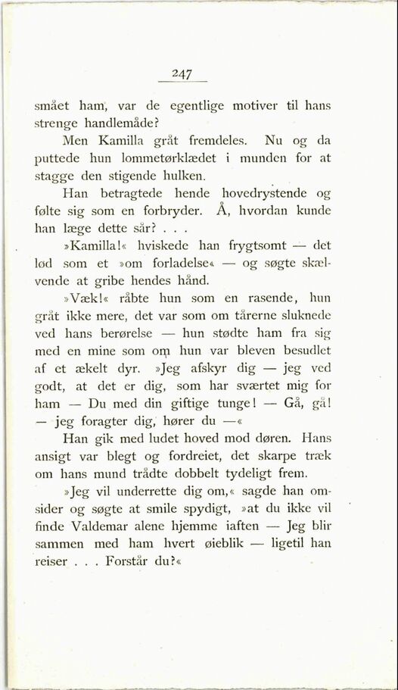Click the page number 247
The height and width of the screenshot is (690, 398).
tap(181, 73)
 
